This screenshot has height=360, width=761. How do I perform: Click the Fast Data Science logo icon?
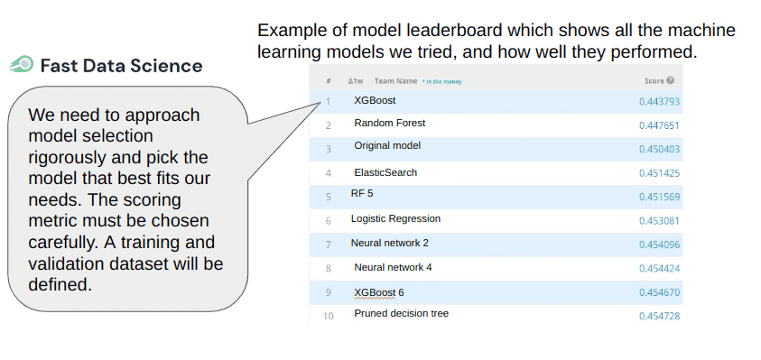22,65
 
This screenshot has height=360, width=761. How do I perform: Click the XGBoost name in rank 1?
375,100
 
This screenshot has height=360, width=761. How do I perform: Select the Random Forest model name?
389,123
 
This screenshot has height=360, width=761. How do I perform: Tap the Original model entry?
387,145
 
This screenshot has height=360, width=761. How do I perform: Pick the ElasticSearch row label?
385,172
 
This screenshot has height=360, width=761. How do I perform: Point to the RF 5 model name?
363,193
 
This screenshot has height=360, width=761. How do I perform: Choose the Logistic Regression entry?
395,218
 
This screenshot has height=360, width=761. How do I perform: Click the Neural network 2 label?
389,243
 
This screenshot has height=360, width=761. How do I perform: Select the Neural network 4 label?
393,267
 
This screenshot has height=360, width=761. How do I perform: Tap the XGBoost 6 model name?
379,292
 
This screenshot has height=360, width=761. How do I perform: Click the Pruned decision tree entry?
401,313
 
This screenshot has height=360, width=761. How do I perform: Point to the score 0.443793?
659,101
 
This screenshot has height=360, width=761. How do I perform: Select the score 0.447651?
659,125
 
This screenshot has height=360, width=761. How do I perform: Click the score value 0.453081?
659,219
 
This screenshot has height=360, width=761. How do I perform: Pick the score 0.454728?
659,316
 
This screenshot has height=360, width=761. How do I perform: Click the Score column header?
654,80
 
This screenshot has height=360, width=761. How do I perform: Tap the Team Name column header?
395,80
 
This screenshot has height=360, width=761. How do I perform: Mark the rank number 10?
328,316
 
